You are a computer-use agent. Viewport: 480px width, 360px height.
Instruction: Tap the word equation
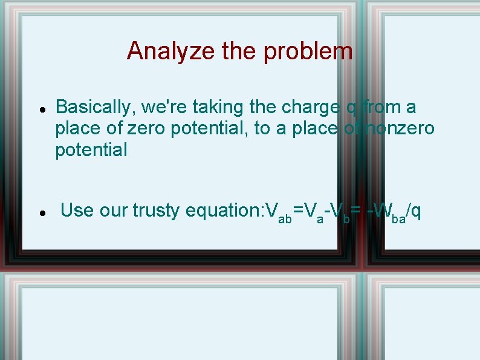(222, 211)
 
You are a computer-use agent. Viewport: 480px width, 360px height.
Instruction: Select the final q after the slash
(416, 212)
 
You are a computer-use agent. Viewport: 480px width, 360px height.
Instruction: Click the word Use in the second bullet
(76, 210)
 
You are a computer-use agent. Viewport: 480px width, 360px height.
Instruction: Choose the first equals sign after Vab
(298, 211)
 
